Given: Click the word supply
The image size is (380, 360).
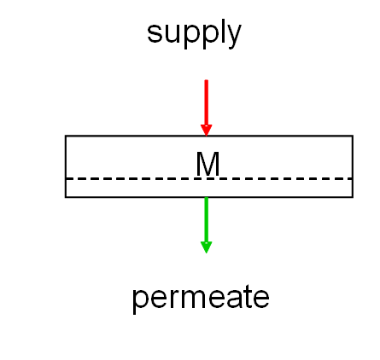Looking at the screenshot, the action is (x=194, y=33).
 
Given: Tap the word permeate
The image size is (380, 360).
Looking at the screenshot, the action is (x=201, y=299).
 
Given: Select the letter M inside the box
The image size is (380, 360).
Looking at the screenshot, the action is (x=208, y=164).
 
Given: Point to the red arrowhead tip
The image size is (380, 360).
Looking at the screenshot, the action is (x=207, y=136).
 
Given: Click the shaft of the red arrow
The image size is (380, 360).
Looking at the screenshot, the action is (x=207, y=102).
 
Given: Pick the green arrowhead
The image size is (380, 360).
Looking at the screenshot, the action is (x=207, y=247).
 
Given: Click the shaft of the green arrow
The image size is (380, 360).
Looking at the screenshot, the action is (x=207, y=219).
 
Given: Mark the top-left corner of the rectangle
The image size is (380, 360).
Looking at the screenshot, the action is (x=66, y=136).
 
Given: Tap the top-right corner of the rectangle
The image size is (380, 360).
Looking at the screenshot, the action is (x=353, y=136).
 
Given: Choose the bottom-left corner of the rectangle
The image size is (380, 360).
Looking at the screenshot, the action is (x=66, y=197).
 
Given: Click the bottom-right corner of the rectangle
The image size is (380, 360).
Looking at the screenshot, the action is (x=353, y=197).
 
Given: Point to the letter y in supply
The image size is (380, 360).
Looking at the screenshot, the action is (x=232, y=37).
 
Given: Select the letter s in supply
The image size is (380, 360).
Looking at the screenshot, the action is (x=155, y=33).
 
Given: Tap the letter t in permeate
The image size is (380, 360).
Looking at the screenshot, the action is (x=245, y=296).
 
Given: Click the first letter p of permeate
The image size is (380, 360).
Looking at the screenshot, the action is (x=142, y=302).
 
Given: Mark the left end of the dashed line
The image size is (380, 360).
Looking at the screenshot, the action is (x=67, y=178).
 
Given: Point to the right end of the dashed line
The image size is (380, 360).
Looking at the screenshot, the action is (x=353, y=178).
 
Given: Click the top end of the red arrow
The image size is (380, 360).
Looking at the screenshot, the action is (x=207, y=80).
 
